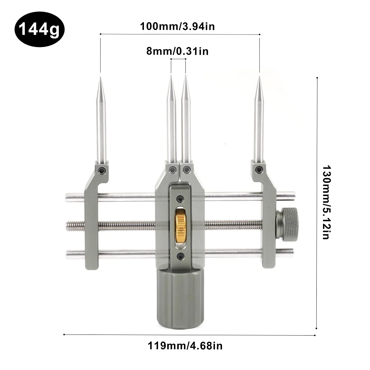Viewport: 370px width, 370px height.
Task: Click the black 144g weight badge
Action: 40,29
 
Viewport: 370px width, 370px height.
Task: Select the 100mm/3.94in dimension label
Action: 178,26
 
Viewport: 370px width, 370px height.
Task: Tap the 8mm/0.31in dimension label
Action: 178,51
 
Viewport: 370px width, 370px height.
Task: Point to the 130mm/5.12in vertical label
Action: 327,202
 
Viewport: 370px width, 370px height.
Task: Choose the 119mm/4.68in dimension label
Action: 185,346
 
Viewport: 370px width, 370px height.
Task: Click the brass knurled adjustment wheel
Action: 180,226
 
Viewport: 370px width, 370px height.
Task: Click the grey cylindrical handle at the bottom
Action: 180,299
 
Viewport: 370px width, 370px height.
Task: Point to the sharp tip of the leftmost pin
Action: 101,76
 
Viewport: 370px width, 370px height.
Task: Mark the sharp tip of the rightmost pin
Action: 259,76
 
